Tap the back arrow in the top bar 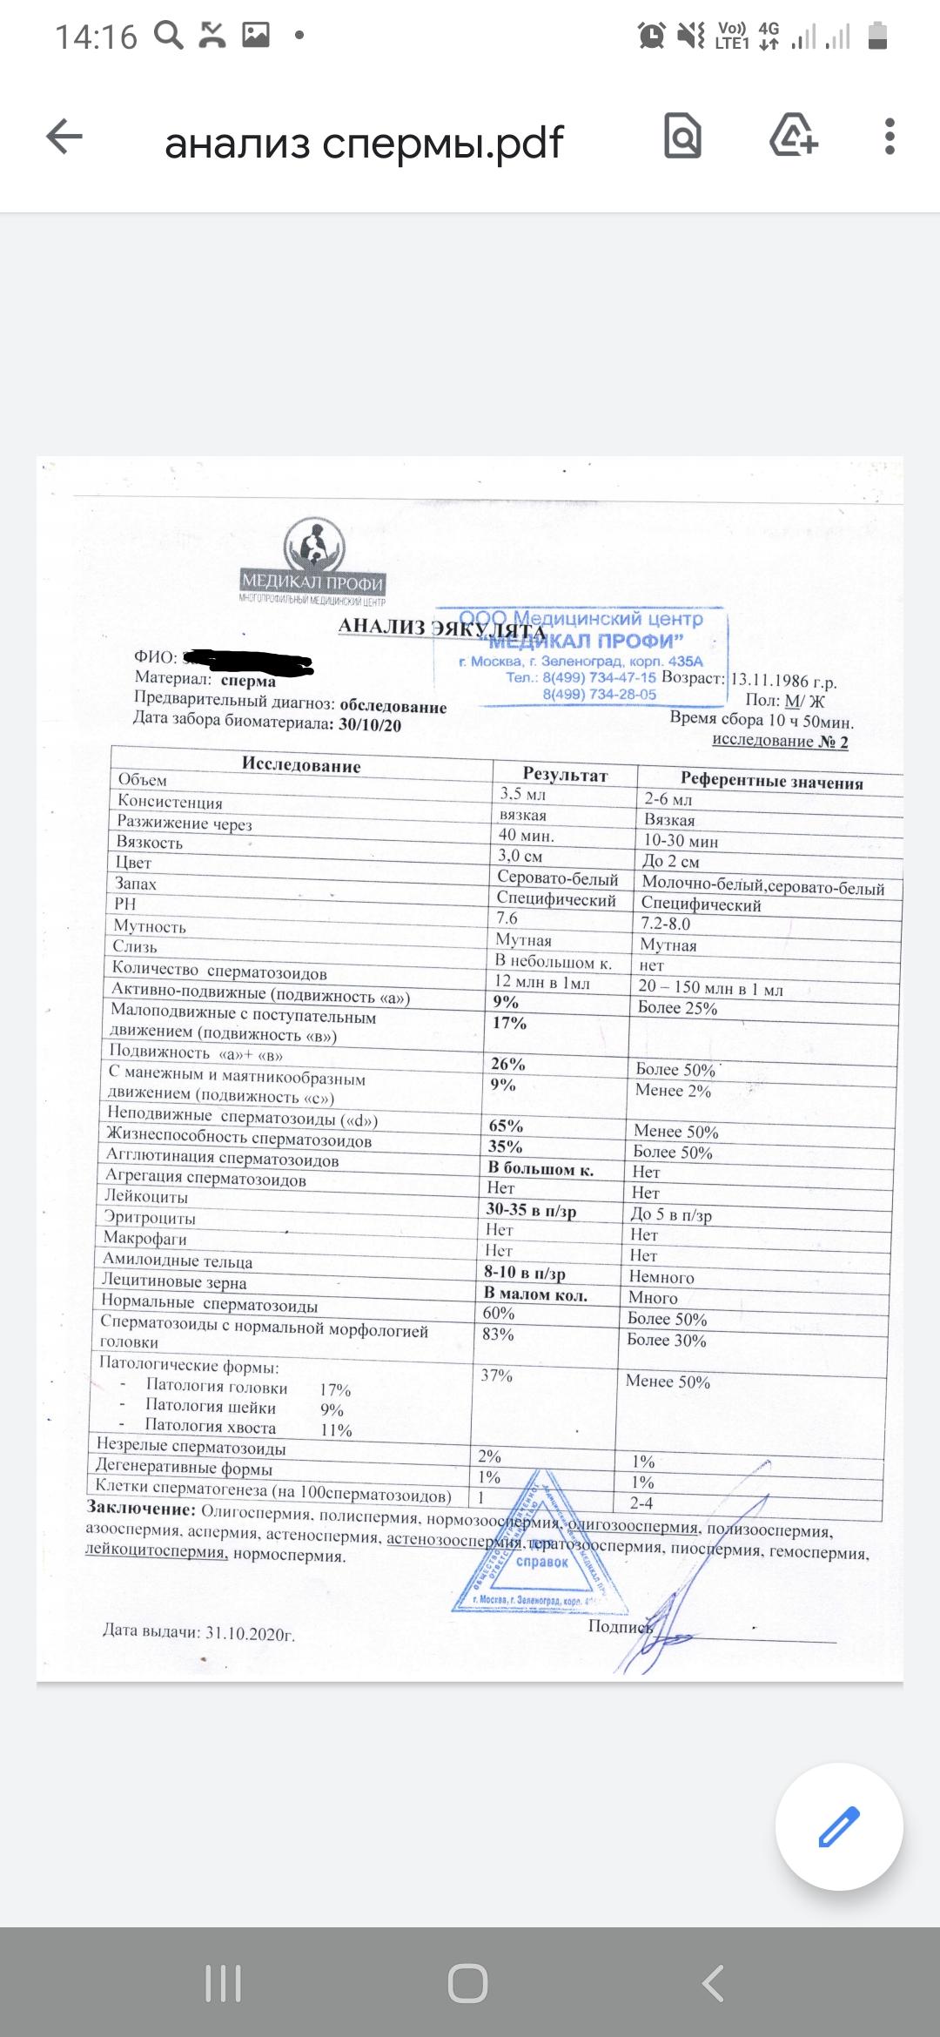point(64,138)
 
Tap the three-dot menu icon point(889,138)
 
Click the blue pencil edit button point(839,1826)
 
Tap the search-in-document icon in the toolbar point(682,137)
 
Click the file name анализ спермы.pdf point(364,143)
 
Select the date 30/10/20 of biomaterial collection point(370,725)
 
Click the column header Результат point(565,774)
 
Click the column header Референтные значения point(771,781)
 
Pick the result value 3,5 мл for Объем point(522,794)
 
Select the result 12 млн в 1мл point(542,983)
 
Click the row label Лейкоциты point(146,1197)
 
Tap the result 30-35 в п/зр point(531,1210)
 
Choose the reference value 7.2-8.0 point(666,924)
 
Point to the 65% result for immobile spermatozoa point(506,1126)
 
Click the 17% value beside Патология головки point(335,1390)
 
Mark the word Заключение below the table point(141,1508)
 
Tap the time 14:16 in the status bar point(96,37)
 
